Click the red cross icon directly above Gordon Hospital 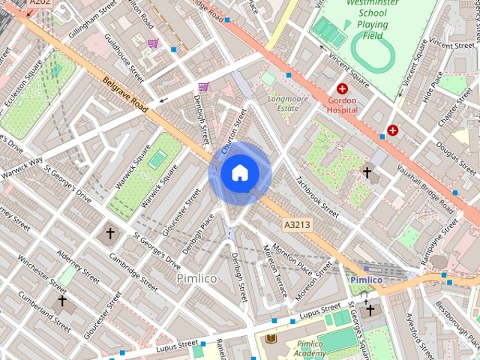343,88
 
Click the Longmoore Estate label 283,103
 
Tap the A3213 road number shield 297,224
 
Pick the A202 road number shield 39,3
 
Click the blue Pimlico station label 367,280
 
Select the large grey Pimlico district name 196,278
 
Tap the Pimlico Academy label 308,349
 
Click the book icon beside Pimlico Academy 270,339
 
